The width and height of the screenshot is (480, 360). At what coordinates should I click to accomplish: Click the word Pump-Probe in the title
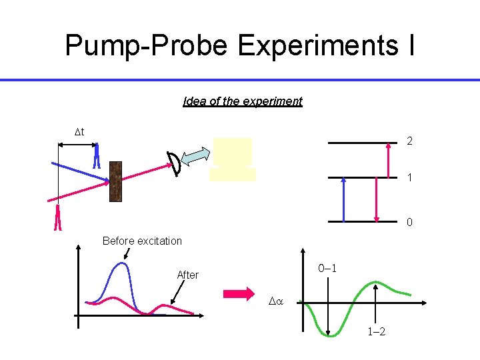pos(146,45)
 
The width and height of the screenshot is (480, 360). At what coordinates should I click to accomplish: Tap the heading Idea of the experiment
pos(243,101)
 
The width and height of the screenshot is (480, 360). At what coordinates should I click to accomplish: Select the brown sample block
pos(115,181)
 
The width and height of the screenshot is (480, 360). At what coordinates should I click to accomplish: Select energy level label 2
pos(409,141)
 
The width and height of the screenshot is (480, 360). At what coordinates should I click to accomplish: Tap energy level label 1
pos(409,179)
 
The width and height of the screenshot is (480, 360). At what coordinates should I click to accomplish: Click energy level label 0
pos(409,222)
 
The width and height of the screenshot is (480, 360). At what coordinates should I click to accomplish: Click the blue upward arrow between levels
pos(343,199)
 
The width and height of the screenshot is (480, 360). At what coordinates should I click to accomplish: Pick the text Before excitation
pos(142,241)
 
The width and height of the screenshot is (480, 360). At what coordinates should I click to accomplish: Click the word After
pos(187,275)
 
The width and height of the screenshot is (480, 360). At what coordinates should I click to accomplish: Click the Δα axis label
pos(276,301)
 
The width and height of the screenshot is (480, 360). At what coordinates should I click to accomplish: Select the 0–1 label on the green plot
pos(327,269)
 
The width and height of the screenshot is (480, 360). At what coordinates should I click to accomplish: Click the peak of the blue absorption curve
pos(122,264)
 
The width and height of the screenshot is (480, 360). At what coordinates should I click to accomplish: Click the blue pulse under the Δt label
pos(97,156)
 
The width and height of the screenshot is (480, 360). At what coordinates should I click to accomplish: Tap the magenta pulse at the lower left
pos(58,217)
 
